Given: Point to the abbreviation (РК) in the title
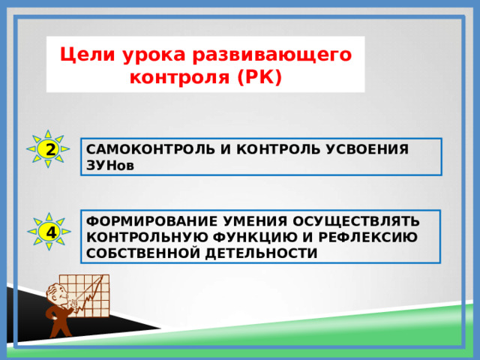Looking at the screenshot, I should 258,77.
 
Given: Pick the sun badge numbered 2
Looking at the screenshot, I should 49,149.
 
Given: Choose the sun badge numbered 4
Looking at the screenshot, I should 49,232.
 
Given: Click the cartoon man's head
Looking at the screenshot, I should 56,293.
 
